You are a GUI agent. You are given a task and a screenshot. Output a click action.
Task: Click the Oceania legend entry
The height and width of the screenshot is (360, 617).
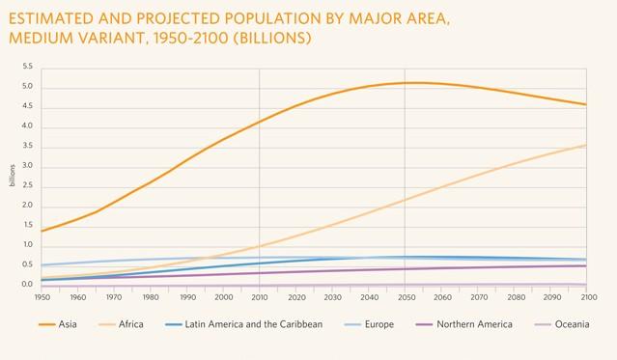coord(576,324)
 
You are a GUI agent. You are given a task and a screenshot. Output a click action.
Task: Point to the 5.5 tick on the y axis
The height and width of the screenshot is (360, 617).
coord(27,67)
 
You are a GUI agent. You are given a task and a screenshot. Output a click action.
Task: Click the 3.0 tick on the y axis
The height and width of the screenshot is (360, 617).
coord(27,166)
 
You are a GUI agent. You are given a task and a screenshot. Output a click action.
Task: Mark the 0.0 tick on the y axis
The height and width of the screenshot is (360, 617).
coord(27,285)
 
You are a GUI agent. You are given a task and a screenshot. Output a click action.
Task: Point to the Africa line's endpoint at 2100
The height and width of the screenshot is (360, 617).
coord(585,145)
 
